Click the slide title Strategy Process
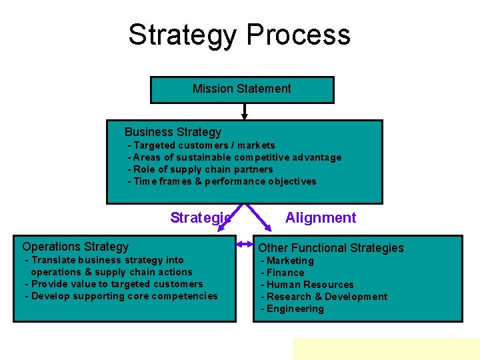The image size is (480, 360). pyautogui.click(x=239, y=35)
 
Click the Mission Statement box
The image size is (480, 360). pyautogui.click(x=241, y=89)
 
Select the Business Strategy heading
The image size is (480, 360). pyautogui.click(x=173, y=132)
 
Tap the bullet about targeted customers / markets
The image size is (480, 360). pyautogui.click(x=202, y=145)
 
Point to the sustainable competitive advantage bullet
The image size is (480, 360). pyautogui.click(x=235, y=157)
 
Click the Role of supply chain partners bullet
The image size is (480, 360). pyautogui.click(x=201, y=169)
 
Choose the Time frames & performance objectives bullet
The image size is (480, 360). pyautogui.click(x=223, y=181)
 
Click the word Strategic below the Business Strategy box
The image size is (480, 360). pyautogui.click(x=200, y=217)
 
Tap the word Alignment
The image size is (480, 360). pyautogui.click(x=321, y=217)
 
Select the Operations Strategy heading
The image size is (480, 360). pyautogui.click(x=75, y=247)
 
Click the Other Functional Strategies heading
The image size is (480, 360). pyautogui.click(x=331, y=248)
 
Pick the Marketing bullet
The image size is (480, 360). pyautogui.click(x=287, y=261)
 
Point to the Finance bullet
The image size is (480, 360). pyautogui.click(x=283, y=273)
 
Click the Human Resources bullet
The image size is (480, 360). pyautogui.click(x=307, y=285)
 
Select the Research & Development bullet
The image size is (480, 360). pyautogui.click(x=324, y=297)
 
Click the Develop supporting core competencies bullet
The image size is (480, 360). pyautogui.click(x=121, y=296)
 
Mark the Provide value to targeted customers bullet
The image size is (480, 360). pyautogui.click(x=114, y=284)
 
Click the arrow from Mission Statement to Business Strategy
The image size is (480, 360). pyautogui.click(x=245, y=111)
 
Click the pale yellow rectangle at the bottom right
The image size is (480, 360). pyautogui.click(x=386, y=348)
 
